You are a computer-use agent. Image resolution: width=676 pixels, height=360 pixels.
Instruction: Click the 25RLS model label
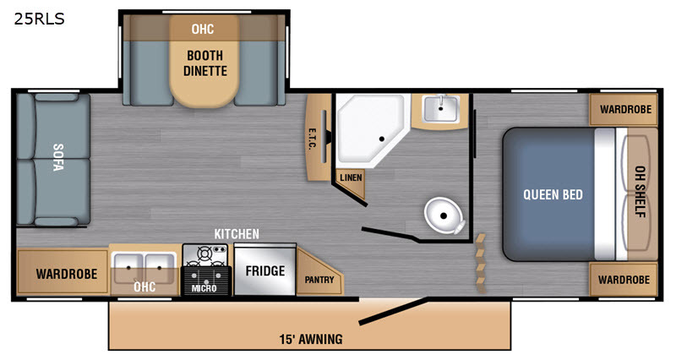click(39, 19)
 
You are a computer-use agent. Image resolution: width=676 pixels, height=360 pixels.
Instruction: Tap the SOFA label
click(58, 157)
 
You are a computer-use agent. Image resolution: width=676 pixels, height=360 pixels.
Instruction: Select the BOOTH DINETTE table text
click(204, 63)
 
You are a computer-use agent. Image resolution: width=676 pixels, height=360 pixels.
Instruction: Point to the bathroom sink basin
click(440, 109)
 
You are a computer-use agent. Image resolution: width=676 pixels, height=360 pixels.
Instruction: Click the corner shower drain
click(382, 139)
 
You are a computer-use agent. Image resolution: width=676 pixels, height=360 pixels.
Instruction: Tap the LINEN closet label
click(351, 177)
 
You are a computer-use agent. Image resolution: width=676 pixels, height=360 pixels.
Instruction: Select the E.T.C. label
click(312, 139)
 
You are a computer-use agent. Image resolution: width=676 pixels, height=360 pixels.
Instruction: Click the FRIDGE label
click(265, 270)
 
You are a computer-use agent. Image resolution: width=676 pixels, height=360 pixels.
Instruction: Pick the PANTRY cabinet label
click(319, 280)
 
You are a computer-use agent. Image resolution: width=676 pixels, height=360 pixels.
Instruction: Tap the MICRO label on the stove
click(204, 288)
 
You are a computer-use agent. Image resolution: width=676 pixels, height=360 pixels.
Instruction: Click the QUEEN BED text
click(553, 195)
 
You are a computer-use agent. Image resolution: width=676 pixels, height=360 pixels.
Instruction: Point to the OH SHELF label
click(641, 192)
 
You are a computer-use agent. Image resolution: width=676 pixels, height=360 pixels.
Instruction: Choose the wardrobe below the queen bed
click(624, 280)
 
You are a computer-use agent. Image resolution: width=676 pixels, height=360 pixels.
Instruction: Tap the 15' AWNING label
click(311, 340)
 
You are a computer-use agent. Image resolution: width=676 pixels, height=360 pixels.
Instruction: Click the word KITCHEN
click(237, 234)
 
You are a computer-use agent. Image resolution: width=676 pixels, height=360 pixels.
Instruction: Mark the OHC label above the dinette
click(203, 29)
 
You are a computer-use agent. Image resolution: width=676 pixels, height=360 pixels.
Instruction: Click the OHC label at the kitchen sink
click(144, 286)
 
